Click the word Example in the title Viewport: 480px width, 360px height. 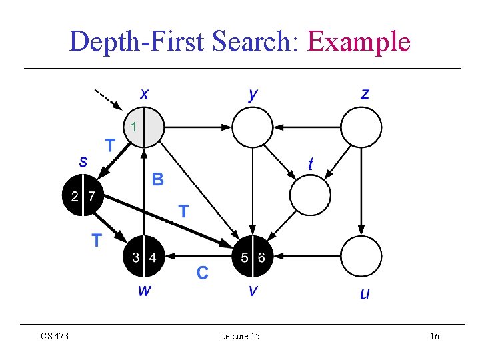(359, 42)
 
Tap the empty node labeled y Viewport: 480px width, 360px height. (252, 127)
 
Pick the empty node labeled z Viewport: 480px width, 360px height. (361, 127)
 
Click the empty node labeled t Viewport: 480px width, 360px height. (310, 195)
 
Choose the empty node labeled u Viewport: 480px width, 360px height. (361, 257)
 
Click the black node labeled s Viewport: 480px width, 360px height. (83, 195)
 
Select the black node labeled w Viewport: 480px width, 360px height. (144, 257)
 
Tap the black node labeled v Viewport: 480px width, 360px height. (253, 257)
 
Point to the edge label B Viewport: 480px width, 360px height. (157, 179)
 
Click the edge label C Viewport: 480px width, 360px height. (202, 272)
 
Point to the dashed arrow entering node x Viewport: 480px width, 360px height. (107, 98)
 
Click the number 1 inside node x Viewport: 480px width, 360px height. (134, 125)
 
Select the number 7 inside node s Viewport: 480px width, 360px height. (91, 196)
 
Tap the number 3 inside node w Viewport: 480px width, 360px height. (135, 257)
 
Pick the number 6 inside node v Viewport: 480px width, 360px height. (261, 257)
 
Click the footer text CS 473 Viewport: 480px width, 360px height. (55, 336)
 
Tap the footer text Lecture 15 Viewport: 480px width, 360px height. (239, 336)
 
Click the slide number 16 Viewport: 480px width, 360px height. (434, 336)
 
